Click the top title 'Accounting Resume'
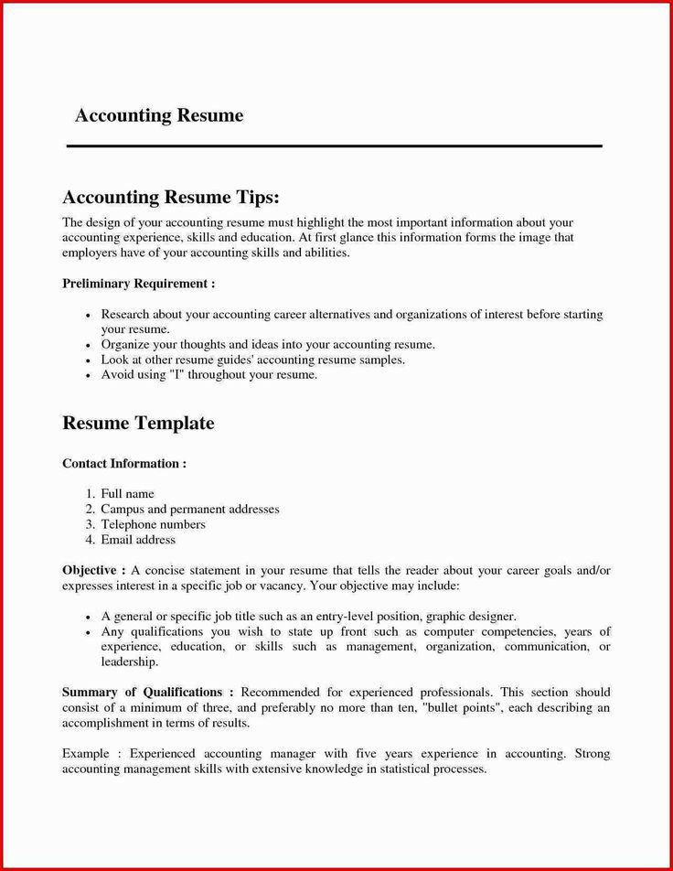pyautogui.click(x=159, y=116)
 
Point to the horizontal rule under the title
pyautogui.click(x=335, y=145)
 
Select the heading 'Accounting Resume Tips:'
pyautogui.click(x=170, y=199)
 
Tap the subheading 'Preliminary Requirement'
pyautogui.click(x=137, y=284)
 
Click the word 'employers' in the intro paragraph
pyautogui.click(x=90, y=253)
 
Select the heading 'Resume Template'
pyautogui.click(x=138, y=424)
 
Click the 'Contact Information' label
pyautogui.click(x=123, y=464)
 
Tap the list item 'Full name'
pyautogui.click(x=127, y=494)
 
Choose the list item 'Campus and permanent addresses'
pyautogui.click(x=189, y=510)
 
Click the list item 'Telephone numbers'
pyautogui.click(x=153, y=525)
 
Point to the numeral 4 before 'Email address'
pyautogui.click(x=91, y=541)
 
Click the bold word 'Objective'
pyautogui.click(x=89, y=571)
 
